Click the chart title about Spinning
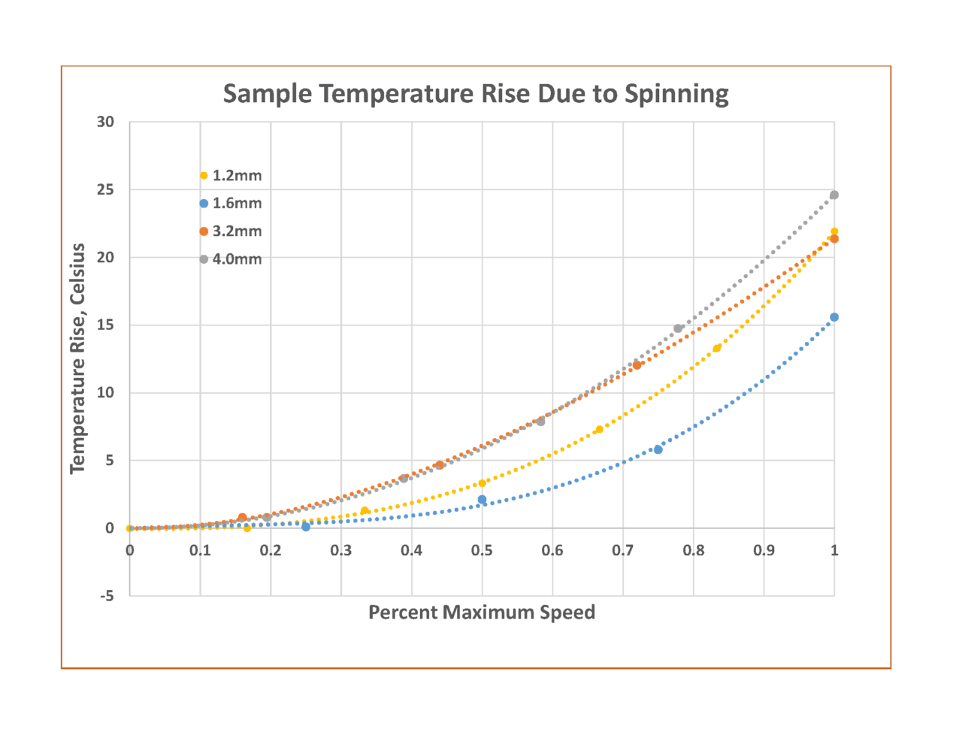pyautogui.click(x=476, y=94)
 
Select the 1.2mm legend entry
pyautogui.click(x=231, y=176)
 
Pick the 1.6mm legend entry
pyautogui.click(x=231, y=204)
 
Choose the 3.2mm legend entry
pyautogui.click(x=231, y=231)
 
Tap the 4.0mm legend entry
pyautogui.click(x=231, y=259)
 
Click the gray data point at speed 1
pyautogui.click(x=834, y=195)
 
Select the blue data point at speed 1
pyautogui.click(x=834, y=317)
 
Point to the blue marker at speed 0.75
pyautogui.click(x=658, y=449)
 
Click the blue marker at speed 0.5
pyautogui.click(x=482, y=500)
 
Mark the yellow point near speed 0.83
pyautogui.click(x=717, y=348)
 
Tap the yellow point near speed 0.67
pyautogui.click(x=599, y=429)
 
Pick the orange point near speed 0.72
pyautogui.click(x=637, y=365)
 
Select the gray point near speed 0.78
pyautogui.click(x=678, y=328)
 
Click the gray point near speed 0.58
pyautogui.click(x=540, y=422)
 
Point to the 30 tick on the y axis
pyautogui.click(x=105, y=122)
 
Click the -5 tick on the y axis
pyautogui.click(x=107, y=596)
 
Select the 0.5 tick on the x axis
pyautogui.click(x=482, y=551)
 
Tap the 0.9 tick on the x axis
pyautogui.click(x=764, y=551)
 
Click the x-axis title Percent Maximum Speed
pyautogui.click(x=482, y=612)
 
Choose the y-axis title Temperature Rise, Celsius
pyautogui.click(x=77, y=358)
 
